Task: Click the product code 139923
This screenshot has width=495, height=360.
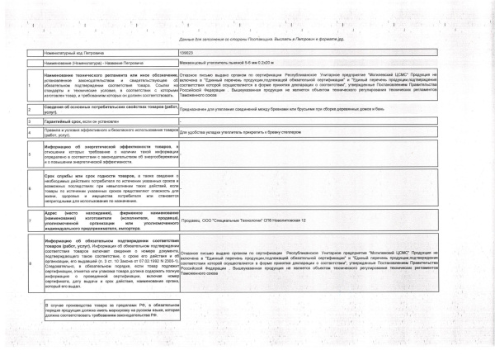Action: (187, 52)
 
